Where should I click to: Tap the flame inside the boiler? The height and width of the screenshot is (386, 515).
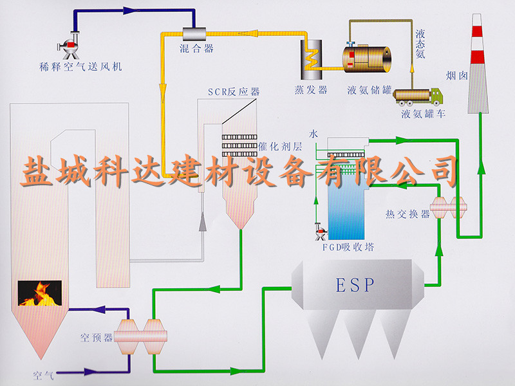point(40,293)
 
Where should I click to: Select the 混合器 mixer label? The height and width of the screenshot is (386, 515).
point(196,48)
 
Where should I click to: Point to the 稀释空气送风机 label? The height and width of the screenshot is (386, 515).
point(80,66)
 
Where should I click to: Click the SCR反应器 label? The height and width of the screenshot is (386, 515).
point(233,92)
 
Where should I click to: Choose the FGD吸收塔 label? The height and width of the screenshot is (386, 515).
point(348,247)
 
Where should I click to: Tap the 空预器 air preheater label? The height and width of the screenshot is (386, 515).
point(96,336)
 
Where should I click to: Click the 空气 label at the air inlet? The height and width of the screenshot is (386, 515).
point(44,374)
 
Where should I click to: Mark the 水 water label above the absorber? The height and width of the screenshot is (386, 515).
point(314,134)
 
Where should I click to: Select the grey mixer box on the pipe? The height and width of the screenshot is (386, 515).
point(193,33)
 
